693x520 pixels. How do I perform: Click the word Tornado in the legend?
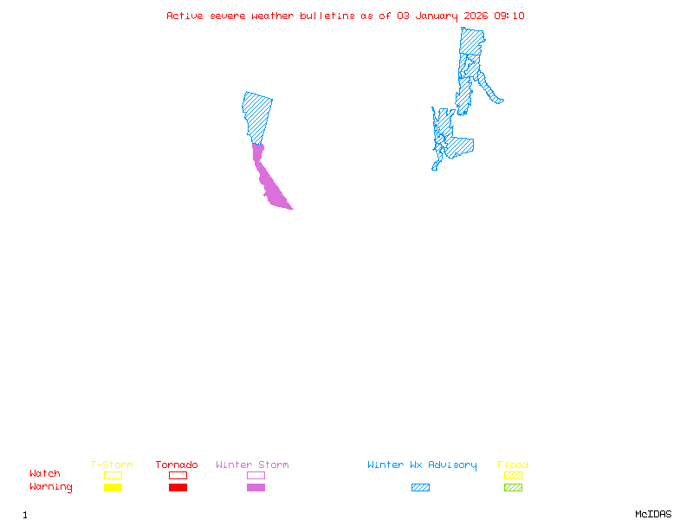[177, 465]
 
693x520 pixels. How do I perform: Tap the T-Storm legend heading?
[112, 465]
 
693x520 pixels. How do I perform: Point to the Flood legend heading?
[513, 465]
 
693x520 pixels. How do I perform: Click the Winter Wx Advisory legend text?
[422, 465]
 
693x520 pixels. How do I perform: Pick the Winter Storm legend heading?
[252, 465]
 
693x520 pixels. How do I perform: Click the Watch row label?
[45, 474]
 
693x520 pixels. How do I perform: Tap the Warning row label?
[51, 487]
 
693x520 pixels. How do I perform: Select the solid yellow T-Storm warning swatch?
[113, 488]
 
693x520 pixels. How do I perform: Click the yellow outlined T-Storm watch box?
[113, 475]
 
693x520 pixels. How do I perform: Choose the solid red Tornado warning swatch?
[178, 488]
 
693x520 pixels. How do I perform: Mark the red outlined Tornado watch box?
[178, 475]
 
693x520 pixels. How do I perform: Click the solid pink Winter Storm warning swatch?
[256, 488]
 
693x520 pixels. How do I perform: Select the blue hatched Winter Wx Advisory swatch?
[420, 488]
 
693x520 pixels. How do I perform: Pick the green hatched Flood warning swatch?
[513, 488]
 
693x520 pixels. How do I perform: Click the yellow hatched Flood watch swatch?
[513, 475]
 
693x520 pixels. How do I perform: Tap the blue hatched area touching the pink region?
[257, 117]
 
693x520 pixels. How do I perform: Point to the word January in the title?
[437, 16]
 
